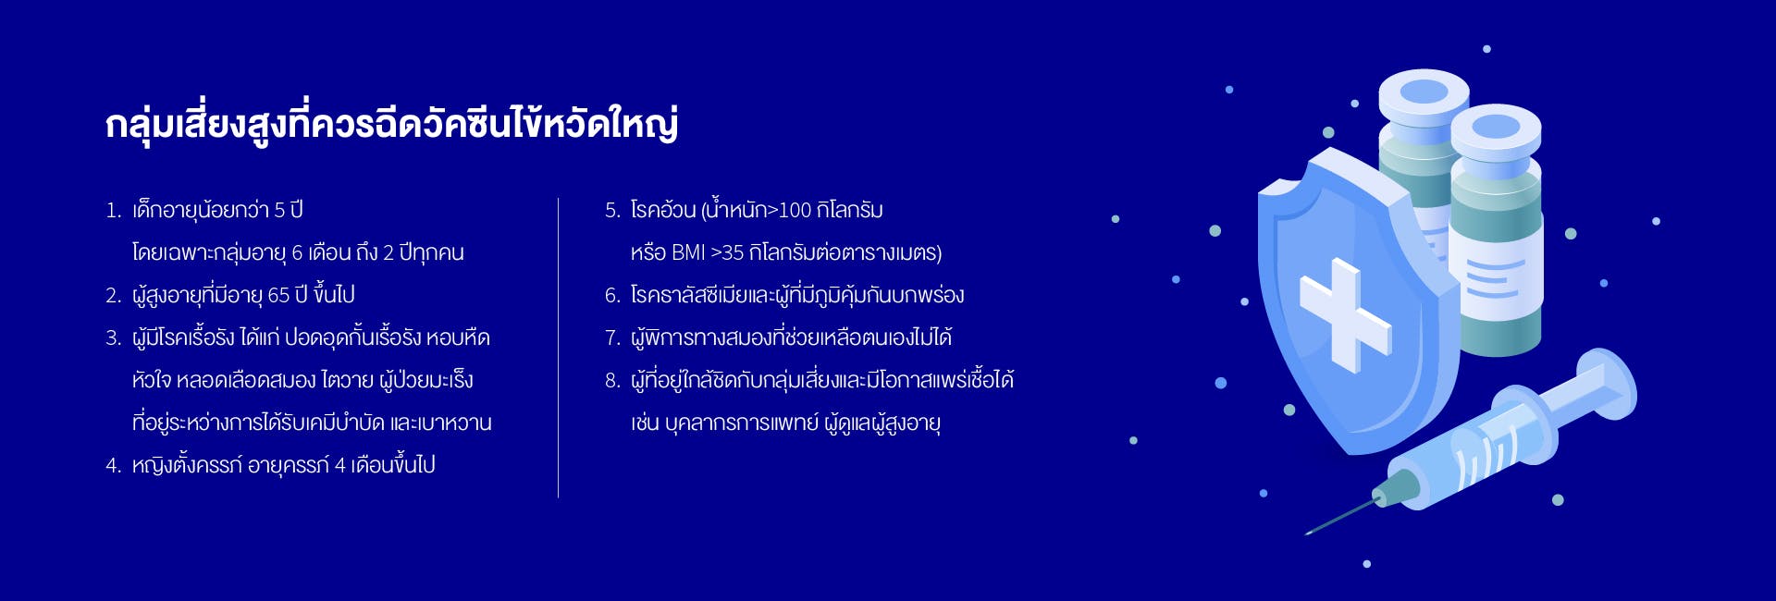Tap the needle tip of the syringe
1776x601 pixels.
[x=1306, y=534]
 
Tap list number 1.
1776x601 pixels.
[x=113, y=211]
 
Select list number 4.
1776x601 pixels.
[x=113, y=466]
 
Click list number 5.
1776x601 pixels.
[x=612, y=211]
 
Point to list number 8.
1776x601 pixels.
[x=612, y=381]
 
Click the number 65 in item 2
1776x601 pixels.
[x=278, y=296]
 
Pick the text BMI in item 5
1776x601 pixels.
[x=688, y=253]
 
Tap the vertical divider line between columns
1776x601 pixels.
[x=558, y=348]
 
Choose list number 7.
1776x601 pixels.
[x=612, y=338]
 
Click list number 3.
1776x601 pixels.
[x=113, y=338]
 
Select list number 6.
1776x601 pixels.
[x=612, y=296]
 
